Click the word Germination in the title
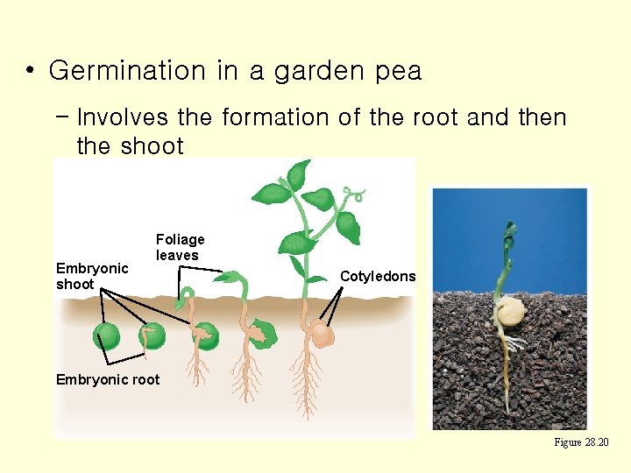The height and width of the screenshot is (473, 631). pyautogui.click(x=127, y=71)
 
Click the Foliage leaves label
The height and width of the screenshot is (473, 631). pyautogui.click(x=180, y=247)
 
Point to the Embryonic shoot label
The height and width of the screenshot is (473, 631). pyautogui.click(x=92, y=276)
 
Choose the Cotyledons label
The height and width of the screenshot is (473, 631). pyautogui.click(x=378, y=276)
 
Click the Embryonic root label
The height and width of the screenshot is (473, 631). pyautogui.click(x=108, y=379)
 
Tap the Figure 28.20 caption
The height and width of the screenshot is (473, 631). pyautogui.click(x=581, y=442)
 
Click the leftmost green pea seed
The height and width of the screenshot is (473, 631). pyautogui.click(x=107, y=336)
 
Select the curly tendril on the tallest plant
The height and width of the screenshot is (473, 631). pyautogui.click(x=354, y=194)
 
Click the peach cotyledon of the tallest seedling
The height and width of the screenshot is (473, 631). pyautogui.click(x=322, y=335)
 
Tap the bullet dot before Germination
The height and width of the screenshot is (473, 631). pyautogui.click(x=31, y=71)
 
